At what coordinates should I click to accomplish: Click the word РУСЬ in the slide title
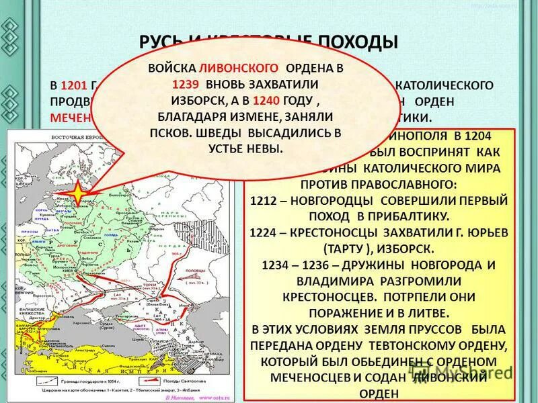pos(161,42)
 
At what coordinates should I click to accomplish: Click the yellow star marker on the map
pos(77,193)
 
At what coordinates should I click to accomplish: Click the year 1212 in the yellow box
pos(263,201)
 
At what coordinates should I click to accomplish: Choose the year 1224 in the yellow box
pos(263,233)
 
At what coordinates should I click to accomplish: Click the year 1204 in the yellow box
pos(489,136)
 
